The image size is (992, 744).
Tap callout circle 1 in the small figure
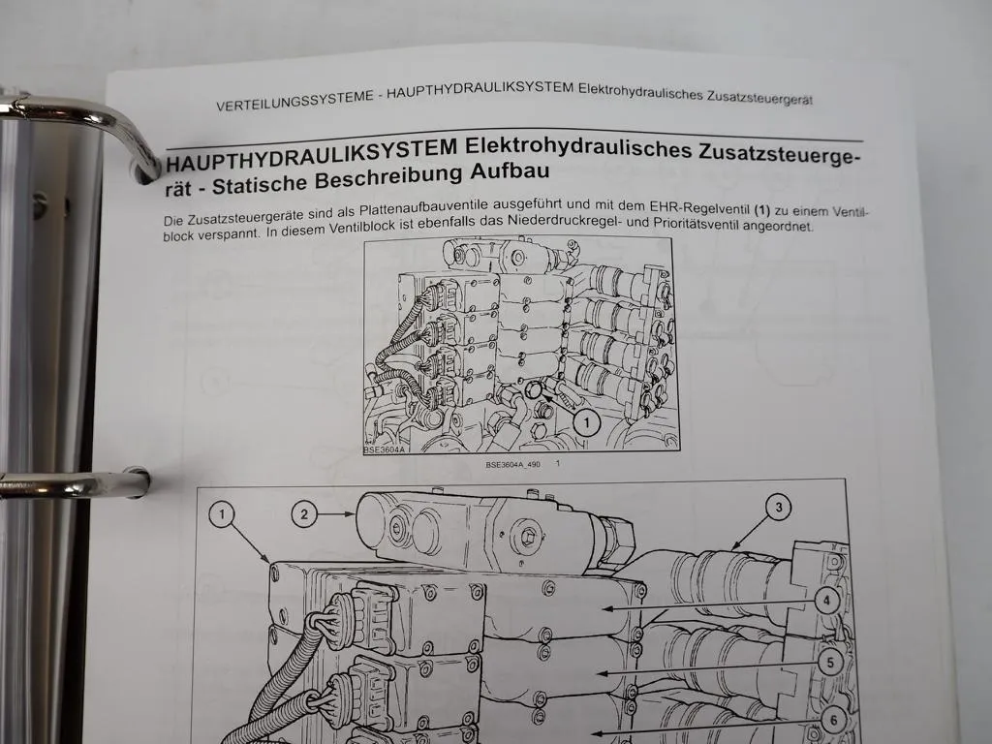click(x=583, y=421)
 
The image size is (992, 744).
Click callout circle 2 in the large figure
click(x=304, y=514)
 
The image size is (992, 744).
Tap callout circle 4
click(x=826, y=601)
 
